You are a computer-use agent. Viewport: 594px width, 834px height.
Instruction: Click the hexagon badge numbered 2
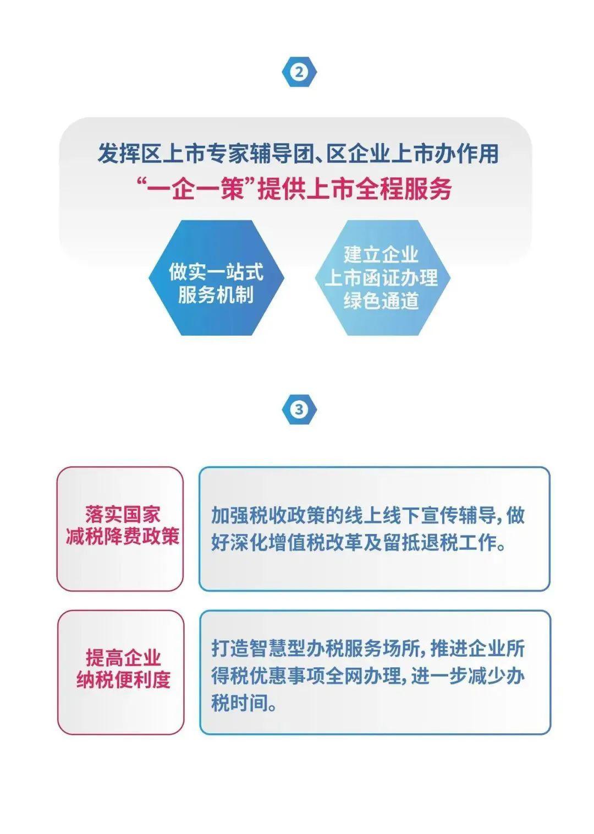click(x=299, y=72)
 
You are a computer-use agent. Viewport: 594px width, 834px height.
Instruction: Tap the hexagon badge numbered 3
click(x=299, y=410)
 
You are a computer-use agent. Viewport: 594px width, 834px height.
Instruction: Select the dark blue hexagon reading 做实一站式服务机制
click(x=217, y=278)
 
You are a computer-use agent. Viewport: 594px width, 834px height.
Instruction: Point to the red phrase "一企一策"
click(x=196, y=189)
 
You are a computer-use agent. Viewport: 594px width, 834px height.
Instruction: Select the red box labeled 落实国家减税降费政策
click(x=120, y=528)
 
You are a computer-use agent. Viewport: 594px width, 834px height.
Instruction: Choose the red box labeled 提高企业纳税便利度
click(x=120, y=672)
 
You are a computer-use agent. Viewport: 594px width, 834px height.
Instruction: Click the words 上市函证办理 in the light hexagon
click(x=381, y=278)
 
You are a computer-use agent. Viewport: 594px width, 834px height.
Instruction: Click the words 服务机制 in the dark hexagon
click(x=216, y=295)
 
